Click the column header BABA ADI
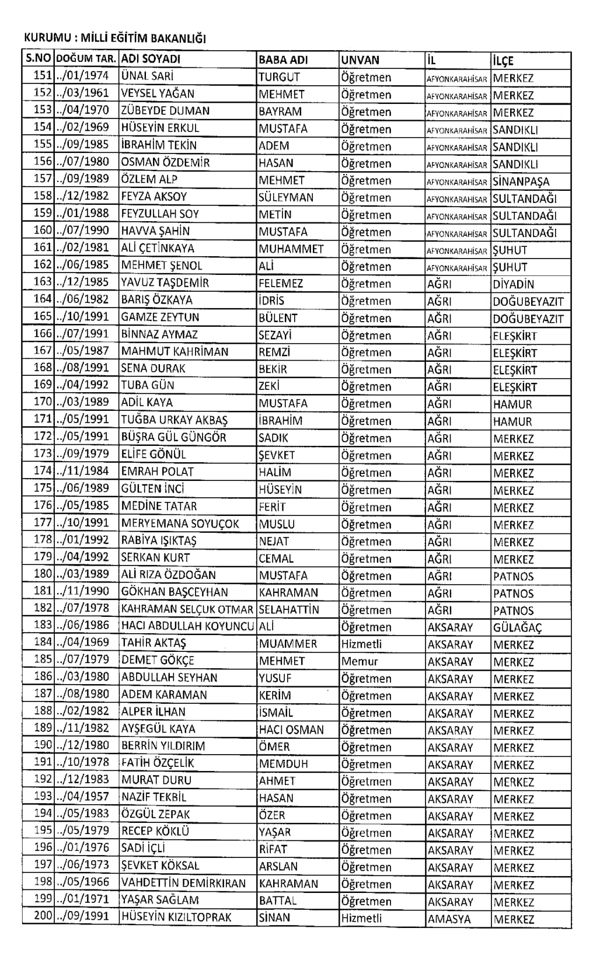point(283,60)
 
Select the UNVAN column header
point(360,60)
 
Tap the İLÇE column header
point(503,60)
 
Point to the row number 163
point(43,282)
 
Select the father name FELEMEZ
point(281,284)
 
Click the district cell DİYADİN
point(514,284)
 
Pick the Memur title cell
point(360,661)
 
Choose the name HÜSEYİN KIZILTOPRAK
point(176,917)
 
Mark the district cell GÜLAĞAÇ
point(518,627)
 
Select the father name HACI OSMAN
point(291,730)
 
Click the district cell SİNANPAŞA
point(521,181)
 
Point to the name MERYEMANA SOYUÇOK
point(180,524)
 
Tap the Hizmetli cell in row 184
point(362,644)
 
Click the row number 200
point(43,916)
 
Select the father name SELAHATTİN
point(289,610)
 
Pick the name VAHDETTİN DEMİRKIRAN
point(184,884)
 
